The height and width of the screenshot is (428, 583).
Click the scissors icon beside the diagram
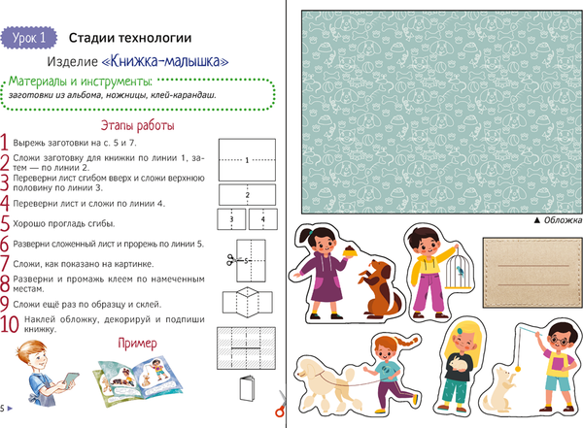tap(230, 260)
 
